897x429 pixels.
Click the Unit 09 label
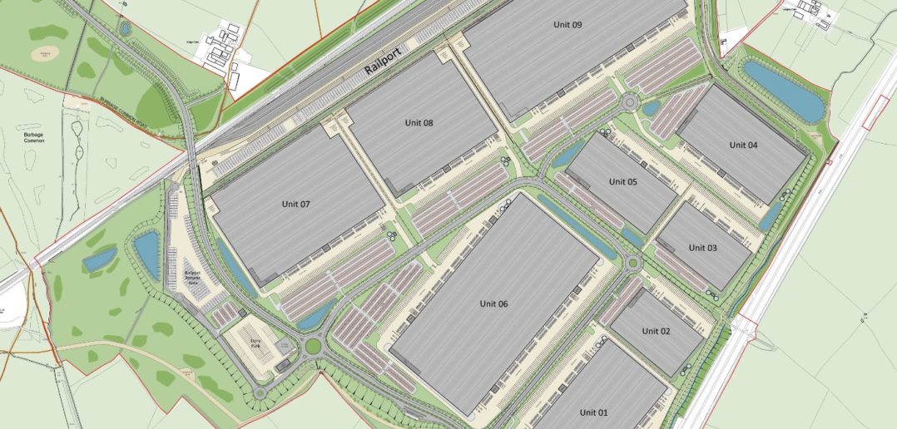[567, 25]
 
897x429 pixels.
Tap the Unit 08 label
[419, 123]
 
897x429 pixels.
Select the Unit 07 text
[295, 204]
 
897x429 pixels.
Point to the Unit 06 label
[493, 303]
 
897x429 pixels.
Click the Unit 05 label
[622, 181]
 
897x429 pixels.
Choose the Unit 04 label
[743, 145]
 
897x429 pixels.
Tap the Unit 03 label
[702, 247]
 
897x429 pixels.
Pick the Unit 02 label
[656, 331]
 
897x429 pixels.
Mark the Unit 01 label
[594, 412]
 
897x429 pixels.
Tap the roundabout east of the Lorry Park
[313, 344]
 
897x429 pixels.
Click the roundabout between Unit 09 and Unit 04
[630, 103]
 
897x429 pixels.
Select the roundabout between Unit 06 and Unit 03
[633, 264]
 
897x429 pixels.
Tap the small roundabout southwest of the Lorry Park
[260, 392]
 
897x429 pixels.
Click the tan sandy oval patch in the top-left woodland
[40, 53]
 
